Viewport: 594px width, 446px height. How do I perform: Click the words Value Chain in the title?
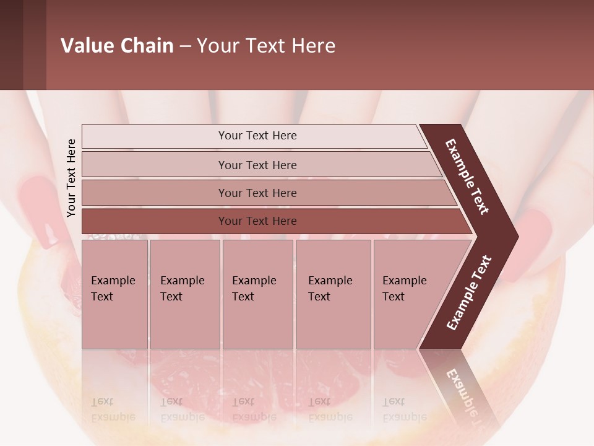[117, 46]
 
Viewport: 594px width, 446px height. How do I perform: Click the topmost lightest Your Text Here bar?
[257, 136]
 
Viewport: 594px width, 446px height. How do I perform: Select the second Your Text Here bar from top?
[257, 165]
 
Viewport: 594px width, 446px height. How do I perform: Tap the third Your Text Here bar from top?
[257, 193]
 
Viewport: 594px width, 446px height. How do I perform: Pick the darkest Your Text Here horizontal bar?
[257, 221]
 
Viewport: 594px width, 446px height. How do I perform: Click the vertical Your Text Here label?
[71, 178]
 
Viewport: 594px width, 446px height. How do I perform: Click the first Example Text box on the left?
[114, 294]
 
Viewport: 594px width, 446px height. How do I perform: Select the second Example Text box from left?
[184, 294]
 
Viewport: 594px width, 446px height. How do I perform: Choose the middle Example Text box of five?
[257, 294]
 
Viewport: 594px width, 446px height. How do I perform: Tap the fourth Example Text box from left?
[333, 294]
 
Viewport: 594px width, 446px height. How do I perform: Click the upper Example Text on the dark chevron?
[467, 177]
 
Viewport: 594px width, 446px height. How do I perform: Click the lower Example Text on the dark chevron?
[468, 293]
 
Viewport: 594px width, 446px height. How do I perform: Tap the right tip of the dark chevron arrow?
[515, 236]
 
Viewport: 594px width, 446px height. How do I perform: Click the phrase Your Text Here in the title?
[266, 46]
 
